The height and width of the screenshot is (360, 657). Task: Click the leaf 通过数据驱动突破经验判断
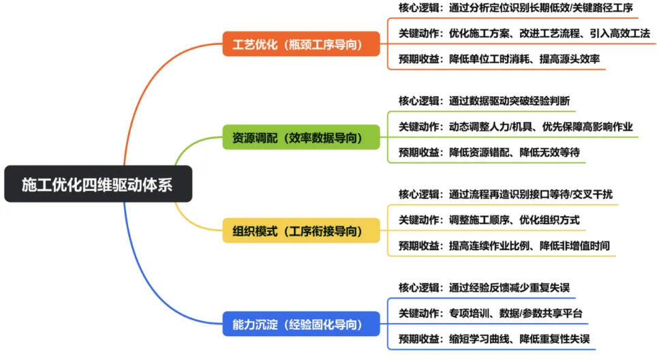click(484, 100)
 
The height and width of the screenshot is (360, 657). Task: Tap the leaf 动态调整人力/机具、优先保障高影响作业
click(515, 126)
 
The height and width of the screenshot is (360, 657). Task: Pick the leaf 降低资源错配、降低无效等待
click(489, 152)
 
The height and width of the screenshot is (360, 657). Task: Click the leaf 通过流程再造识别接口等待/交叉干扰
click(505, 194)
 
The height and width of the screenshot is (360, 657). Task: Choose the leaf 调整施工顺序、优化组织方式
click(489, 220)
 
